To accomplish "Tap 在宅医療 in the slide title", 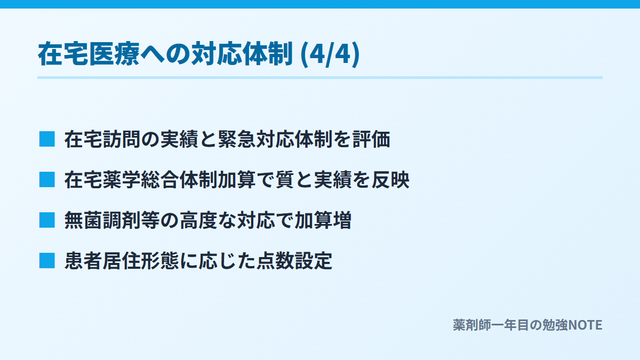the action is tap(89, 54).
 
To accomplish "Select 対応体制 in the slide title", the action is tap(242, 54).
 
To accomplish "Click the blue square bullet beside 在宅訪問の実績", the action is tap(47, 139).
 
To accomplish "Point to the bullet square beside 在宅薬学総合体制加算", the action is tap(47, 180).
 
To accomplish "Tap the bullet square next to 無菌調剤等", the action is tap(47, 220).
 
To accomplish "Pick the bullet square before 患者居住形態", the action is tap(47, 261).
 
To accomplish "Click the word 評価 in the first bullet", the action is tap(371, 139).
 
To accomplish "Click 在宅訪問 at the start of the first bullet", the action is tap(102, 139).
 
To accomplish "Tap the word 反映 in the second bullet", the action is tap(390, 180).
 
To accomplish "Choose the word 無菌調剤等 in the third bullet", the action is tap(112, 221).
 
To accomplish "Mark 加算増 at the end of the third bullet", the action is tap(323, 221).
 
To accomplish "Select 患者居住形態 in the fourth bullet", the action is tap(122, 261).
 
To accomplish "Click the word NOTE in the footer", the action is tap(585, 325).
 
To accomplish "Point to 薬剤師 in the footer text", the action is tap(472, 325).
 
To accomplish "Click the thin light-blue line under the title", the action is tap(320, 78).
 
